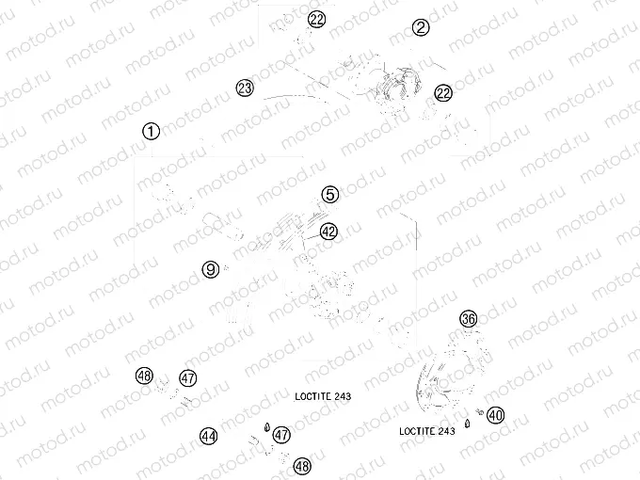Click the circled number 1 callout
coord(151,132)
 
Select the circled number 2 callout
coord(421,27)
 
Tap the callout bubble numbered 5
coord(330,194)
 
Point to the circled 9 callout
coord(211,269)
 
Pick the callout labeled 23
coord(245,88)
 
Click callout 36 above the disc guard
coord(469,318)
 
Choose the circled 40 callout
coord(495,415)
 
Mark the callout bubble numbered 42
coord(328,232)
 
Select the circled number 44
coord(209,437)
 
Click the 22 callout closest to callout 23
coord(316,19)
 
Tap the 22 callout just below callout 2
coord(443,93)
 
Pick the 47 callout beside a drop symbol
coord(281,435)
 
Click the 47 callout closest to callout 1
coord(188,378)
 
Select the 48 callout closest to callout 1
coord(144,376)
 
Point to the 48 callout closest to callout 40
coord(302,466)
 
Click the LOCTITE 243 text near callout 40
coord(427,431)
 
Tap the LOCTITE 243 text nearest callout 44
coord(323,396)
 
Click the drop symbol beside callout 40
coord(468,424)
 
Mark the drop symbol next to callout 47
coord(267,427)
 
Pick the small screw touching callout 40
coord(480,412)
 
